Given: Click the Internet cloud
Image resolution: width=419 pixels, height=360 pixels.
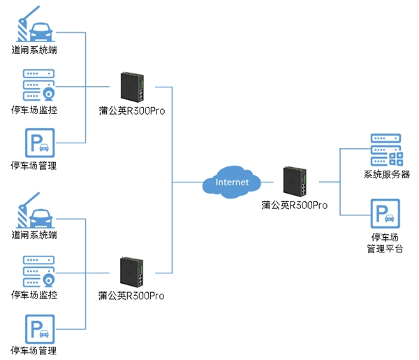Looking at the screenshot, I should point(231,182).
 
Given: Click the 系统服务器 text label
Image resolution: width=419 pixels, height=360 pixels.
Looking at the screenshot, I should point(387,175).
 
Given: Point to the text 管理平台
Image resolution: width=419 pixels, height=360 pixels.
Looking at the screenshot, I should point(385,249).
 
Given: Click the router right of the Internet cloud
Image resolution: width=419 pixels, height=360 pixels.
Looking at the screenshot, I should point(293,182).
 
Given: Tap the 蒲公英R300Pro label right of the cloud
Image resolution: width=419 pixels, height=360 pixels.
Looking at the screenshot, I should point(294,206).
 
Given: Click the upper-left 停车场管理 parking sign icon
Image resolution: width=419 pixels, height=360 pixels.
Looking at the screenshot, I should point(38,145).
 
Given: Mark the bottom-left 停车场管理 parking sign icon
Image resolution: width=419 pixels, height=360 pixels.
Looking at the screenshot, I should point(38,329).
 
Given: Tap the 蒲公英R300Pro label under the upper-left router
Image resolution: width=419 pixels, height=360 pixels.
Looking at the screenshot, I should point(132,110).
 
